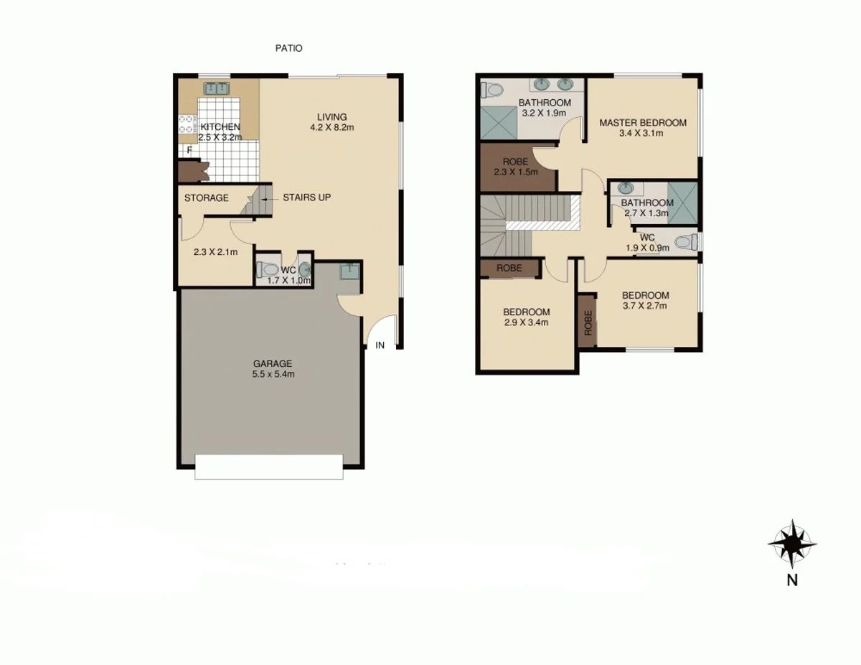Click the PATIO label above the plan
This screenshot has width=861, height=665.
tap(289, 48)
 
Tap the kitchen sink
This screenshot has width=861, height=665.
tap(216, 89)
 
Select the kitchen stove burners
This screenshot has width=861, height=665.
tap(187, 125)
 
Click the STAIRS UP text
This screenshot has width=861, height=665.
tap(306, 197)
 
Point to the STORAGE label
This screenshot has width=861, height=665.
tap(207, 197)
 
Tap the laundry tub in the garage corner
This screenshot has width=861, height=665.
tap(349, 273)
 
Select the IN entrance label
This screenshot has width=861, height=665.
tap(380, 345)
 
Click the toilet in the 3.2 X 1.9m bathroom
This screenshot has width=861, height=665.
tap(492, 90)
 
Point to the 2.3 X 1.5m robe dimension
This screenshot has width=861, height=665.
tap(516, 172)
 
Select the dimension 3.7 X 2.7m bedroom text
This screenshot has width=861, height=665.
tap(645, 305)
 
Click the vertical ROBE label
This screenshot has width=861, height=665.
tap(588, 322)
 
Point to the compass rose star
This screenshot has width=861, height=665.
tap(792, 544)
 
